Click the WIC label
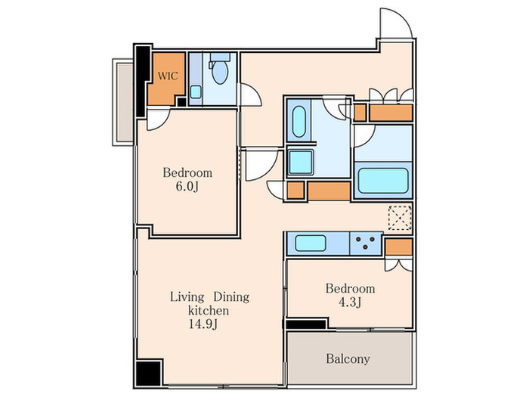point(168,76)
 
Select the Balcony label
point(348,358)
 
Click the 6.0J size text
point(187,186)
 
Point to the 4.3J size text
point(350,302)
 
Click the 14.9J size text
point(203,324)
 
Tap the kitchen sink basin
point(311,243)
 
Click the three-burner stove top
point(366,243)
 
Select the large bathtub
point(383,181)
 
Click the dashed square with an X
point(400,218)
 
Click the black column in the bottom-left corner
point(149,374)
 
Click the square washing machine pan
point(301,163)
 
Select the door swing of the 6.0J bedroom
point(159,119)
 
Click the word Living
point(187,297)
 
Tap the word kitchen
point(208,311)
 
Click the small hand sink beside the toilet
point(195,91)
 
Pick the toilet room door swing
point(250,95)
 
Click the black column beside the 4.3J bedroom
point(305,324)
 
